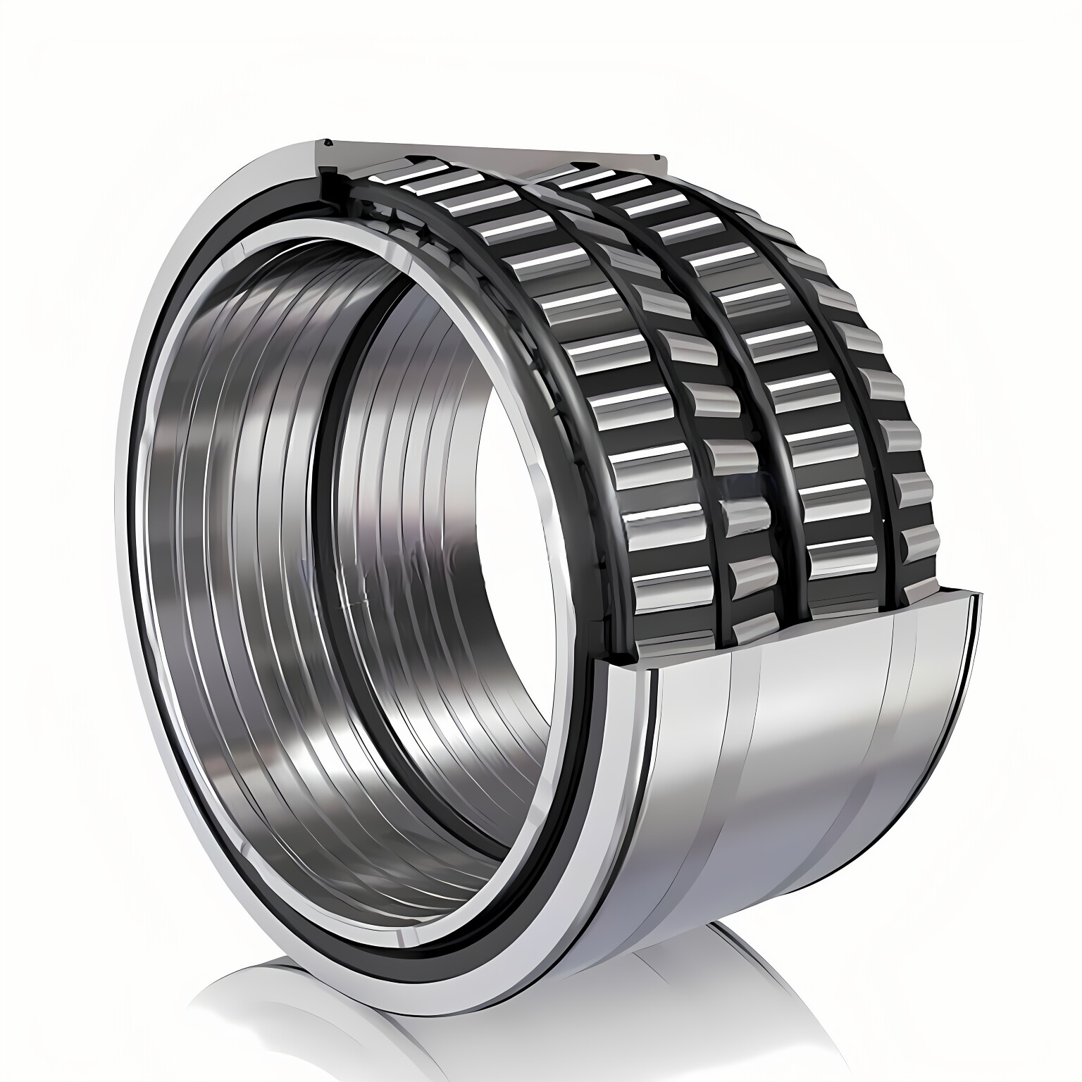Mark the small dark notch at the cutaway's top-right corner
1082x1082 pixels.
pyautogui.click(x=661, y=156)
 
